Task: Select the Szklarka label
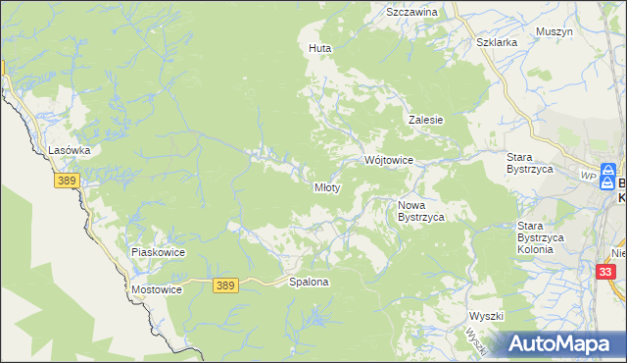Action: (496, 43)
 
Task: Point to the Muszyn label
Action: (555, 31)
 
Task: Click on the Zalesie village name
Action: (426, 120)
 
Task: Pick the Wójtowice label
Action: (389, 159)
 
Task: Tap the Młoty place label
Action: (326, 187)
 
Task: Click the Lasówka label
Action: (70, 150)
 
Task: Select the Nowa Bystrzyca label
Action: (421, 211)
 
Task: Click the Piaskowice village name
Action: (158, 252)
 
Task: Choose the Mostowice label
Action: (157, 290)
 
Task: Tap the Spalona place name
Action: (309, 282)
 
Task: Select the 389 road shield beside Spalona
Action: (225, 285)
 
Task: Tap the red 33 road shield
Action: (607, 272)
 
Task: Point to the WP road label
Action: (588, 175)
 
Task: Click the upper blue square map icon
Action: (608, 169)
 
